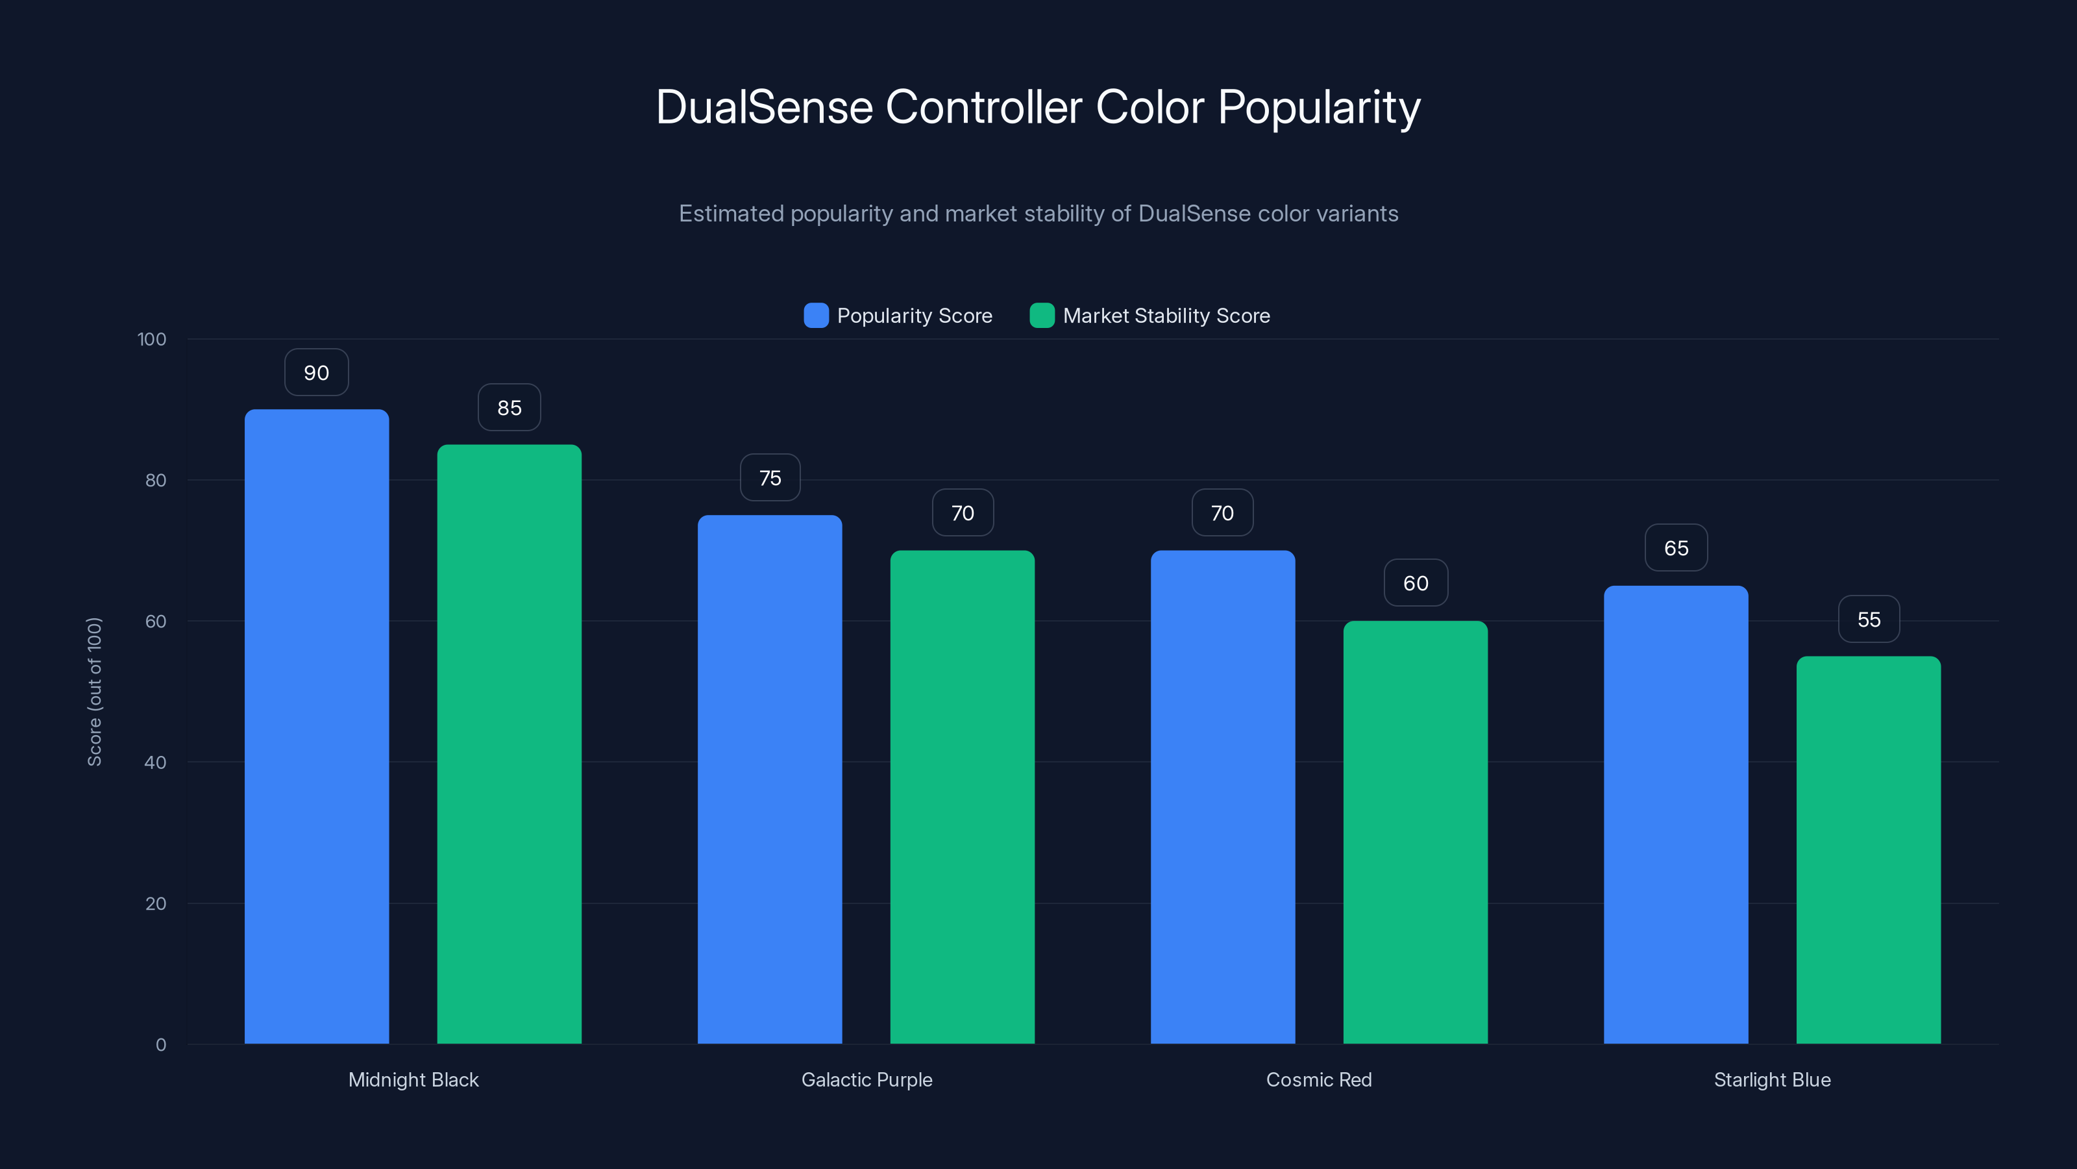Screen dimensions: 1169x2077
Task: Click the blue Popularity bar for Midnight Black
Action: tap(316, 726)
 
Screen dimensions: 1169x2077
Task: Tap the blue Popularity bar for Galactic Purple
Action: tap(769, 779)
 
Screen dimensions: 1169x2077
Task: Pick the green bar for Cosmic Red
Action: tap(1415, 832)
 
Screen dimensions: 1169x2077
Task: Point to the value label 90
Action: tap(316, 373)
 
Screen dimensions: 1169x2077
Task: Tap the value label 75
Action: tap(770, 477)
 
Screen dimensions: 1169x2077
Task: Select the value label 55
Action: tap(1868, 620)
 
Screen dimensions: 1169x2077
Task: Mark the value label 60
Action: tap(1415, 583)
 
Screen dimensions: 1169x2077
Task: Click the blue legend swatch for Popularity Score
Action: tap(816, 316)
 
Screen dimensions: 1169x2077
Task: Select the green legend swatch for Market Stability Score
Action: tap(1042, 316)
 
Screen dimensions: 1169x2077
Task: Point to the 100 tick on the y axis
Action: tap(152, 340)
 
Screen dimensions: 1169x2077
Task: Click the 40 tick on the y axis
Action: tap(156, 762)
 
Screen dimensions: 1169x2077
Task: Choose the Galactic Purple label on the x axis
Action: tap(866, 1079)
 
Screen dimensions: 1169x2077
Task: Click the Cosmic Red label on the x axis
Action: tap(1318, 1079)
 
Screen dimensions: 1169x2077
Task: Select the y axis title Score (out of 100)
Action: tap(94, 692)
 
